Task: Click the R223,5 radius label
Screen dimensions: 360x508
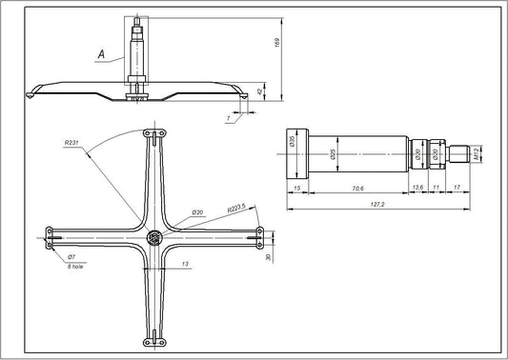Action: [x=237, y=207]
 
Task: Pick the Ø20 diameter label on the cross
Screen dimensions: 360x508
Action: [x=198, y=211]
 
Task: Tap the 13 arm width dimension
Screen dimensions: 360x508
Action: [x=183, y=263]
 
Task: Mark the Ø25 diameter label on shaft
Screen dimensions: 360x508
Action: [x=332, y=152]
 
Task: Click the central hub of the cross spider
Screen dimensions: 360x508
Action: [x=152, y=235]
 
